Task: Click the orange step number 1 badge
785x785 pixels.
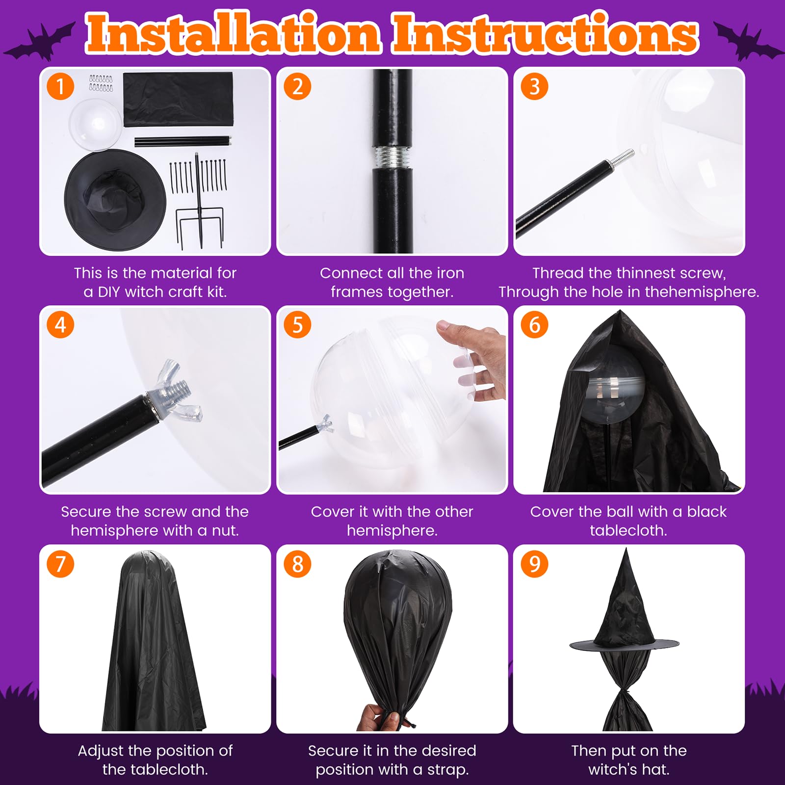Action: pos(60,86)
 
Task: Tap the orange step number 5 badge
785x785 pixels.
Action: pos(297,325)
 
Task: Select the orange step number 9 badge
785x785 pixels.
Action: pos(534,564)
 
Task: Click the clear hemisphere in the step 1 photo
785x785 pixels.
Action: pos(95,125)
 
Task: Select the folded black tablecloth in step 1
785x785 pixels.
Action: pos(178,99)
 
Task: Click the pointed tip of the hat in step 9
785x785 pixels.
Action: pos(626,549)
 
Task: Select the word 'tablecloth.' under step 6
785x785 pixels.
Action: pos(628,530)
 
